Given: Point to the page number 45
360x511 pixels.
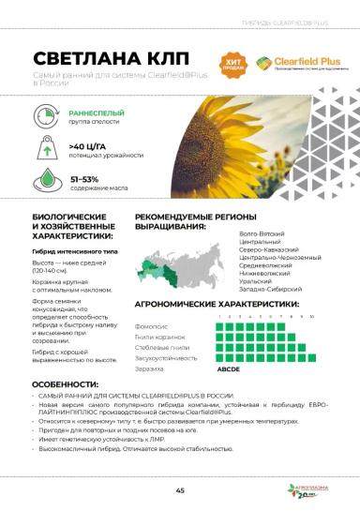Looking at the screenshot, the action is tap(179, 489).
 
